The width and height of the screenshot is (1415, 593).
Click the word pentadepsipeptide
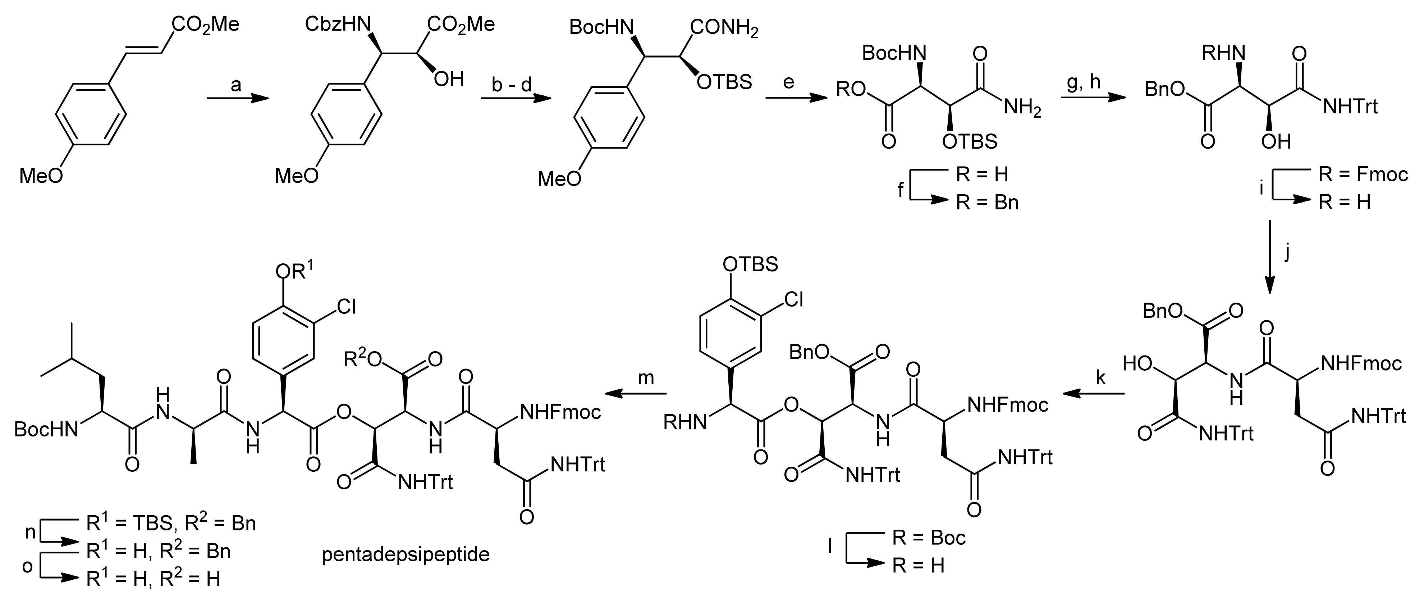pyautogui.click(x=406, y=554)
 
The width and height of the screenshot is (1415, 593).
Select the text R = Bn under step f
pyautogui.click(x=987, y=203)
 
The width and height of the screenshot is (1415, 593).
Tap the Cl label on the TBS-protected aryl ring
pyautogui.click(x=794, y=299)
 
